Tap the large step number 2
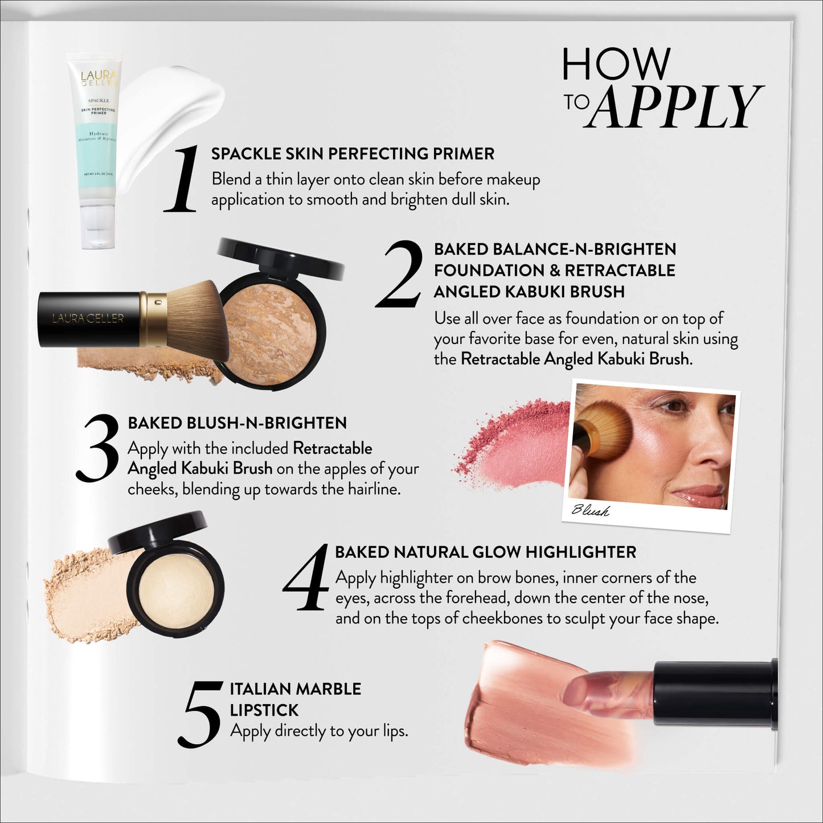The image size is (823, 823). click(x=400, y=274)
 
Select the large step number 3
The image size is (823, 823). click(x=98, y=448)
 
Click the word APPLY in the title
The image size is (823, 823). click(x=675, y=107)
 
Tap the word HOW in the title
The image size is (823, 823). click(x=616, y=64)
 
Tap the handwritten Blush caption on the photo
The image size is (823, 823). click(x=590, y=510)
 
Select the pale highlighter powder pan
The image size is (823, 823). click(x=176, y=587)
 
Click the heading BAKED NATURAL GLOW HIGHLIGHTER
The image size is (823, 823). click(x=485, y=552)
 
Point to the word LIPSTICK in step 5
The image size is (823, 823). click(x=264, y=710)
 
